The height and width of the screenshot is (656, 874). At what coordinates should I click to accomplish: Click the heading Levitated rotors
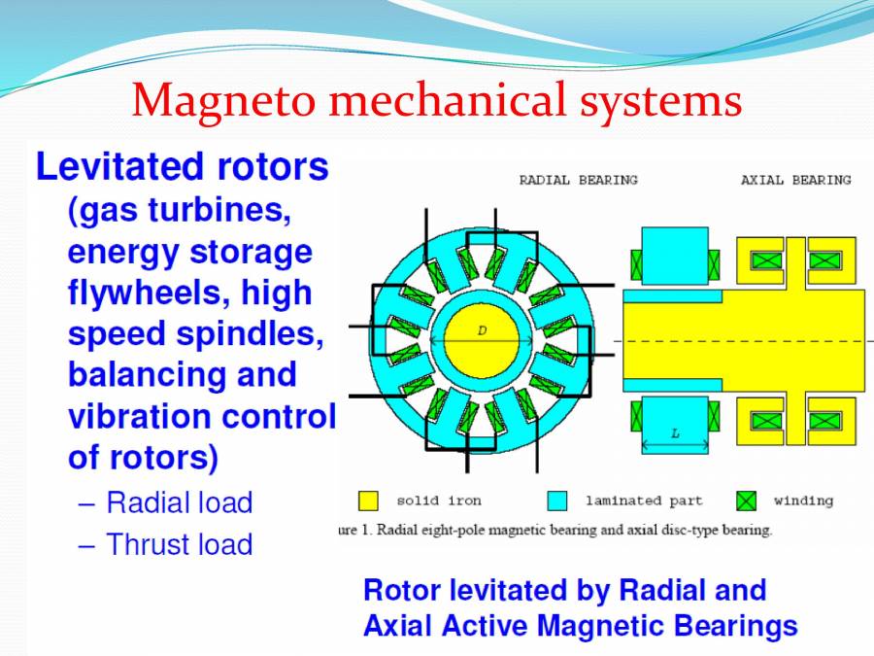(183, 167)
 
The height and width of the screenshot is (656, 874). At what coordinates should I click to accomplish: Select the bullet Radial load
(179, 502)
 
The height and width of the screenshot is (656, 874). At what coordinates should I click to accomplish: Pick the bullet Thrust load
(179, 544)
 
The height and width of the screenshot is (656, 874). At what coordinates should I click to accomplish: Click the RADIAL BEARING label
(579, 180)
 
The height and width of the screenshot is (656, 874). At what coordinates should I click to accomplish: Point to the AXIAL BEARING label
(795, 180)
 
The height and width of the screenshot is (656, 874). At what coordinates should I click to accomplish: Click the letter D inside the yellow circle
(482, 330)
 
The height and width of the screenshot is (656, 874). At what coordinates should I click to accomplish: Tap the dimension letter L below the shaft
(675, 433)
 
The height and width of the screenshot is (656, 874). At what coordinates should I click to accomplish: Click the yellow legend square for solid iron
(368, 501)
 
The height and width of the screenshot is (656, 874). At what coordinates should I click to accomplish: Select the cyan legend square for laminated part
(556, 501)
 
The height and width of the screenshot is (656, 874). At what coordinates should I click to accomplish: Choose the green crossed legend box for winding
(746, 501)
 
